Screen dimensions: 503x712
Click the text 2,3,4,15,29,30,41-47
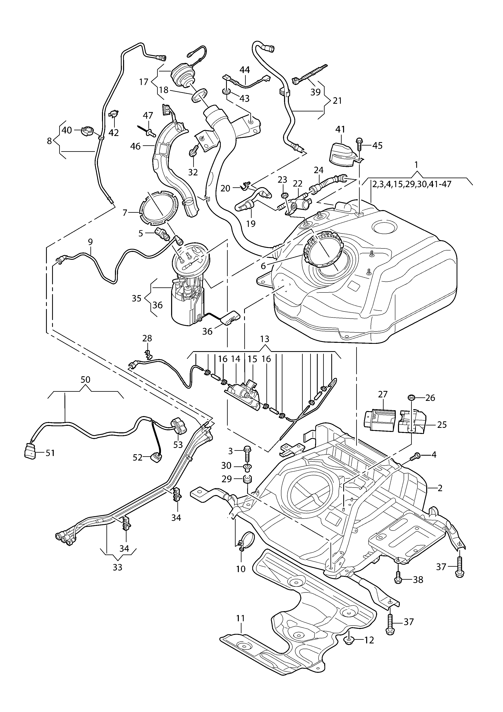click(x=412, y=184)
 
